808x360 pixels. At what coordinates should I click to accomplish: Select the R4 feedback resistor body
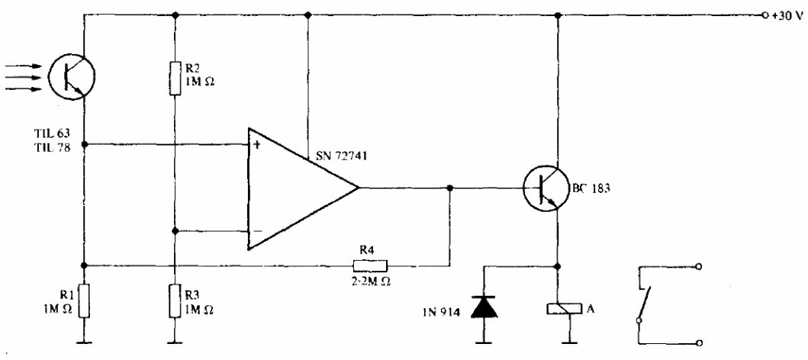click(x=370, y=265)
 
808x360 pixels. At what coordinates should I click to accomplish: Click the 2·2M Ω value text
click(x=370, y=280)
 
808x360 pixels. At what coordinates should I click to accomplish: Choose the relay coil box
click(x=559, y=307)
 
